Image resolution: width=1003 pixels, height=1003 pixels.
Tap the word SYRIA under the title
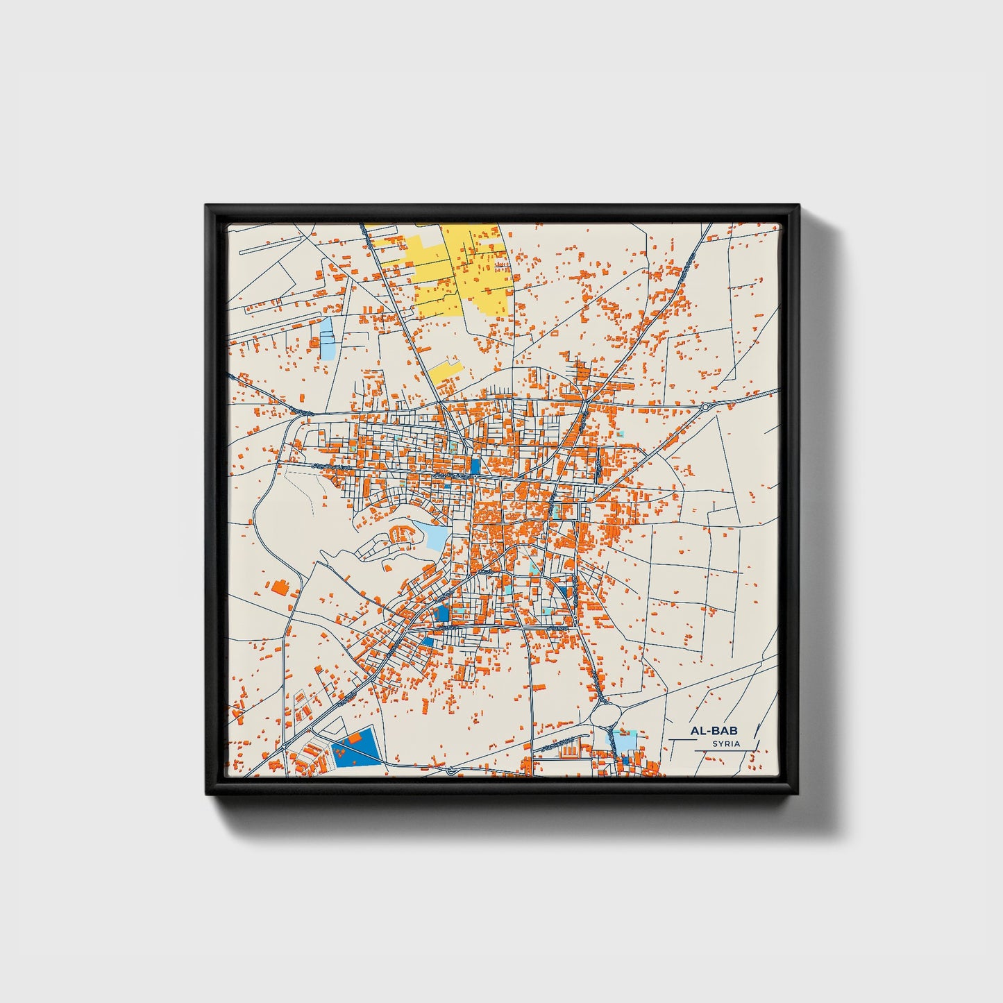[725, 743]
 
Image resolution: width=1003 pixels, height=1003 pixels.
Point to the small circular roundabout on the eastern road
[705, 407]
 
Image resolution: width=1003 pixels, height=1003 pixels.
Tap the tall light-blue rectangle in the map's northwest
[326, 338]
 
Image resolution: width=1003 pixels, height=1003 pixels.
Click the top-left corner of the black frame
[206, 205]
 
